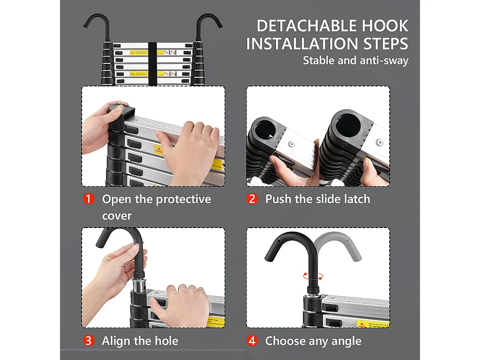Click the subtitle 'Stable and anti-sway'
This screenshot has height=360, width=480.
tap(355, 60)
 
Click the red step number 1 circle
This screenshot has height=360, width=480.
tap(89, 199)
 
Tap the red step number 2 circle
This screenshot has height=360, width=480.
tap(252, 199)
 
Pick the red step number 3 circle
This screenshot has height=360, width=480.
tap(89, 341)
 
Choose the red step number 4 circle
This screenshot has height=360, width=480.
tap(252, 341)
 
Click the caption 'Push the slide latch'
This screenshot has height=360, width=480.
tap(318, 199)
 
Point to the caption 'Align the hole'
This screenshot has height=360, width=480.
tap(140, 341)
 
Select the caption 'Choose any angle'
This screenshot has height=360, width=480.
tap(313, 341)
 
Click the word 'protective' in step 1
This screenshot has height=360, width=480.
tap(180, 199)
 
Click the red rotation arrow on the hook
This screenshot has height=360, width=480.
tap(313, 276)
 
